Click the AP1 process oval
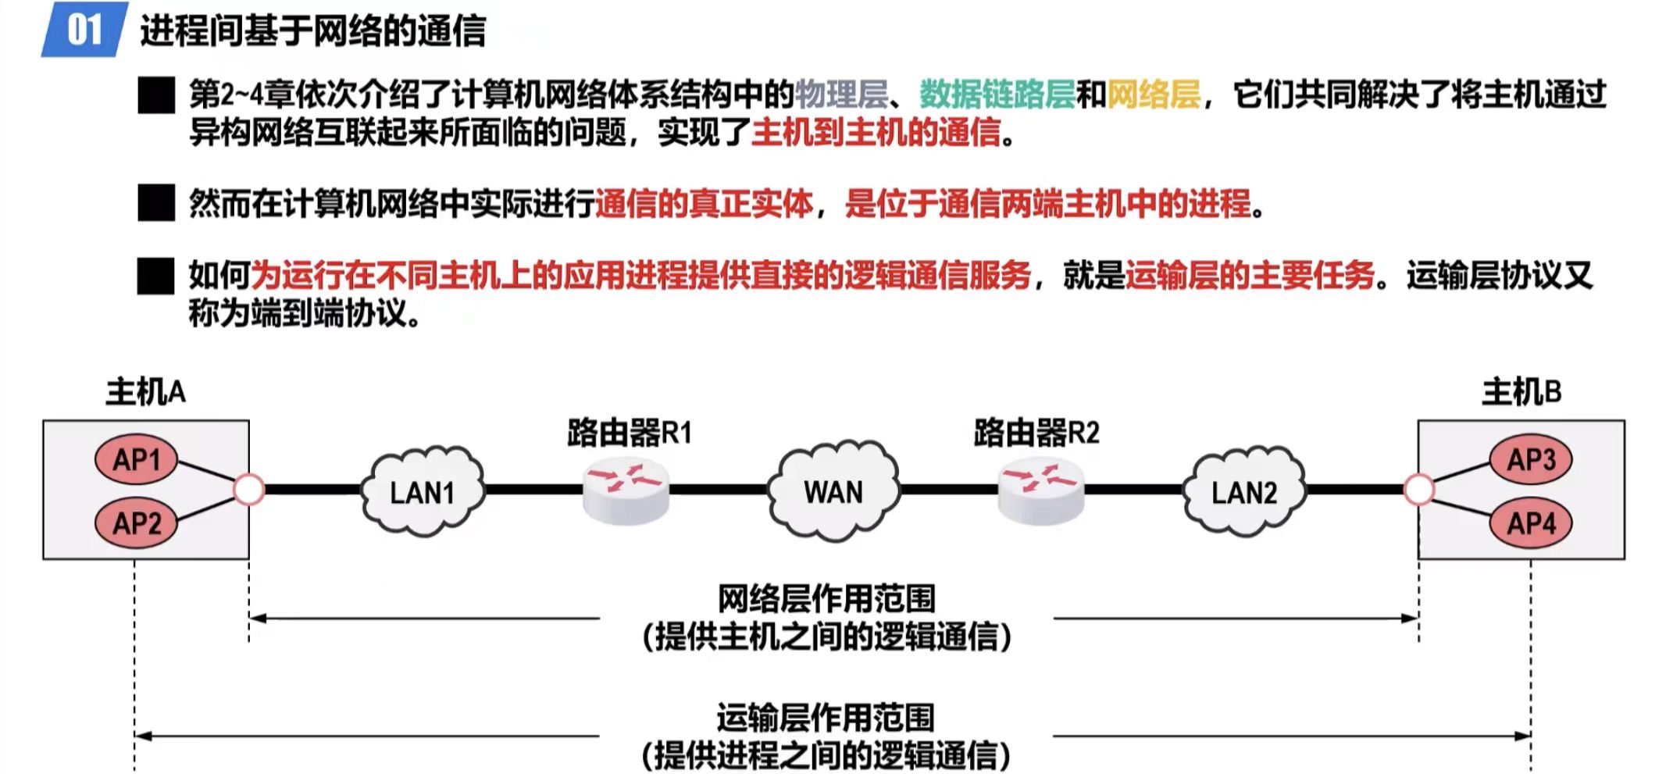click(x=136, y=460)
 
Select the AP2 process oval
click(x=136, y=523)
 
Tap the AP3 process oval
click(x=1530, y=459)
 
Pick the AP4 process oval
click(x=1530, y=523)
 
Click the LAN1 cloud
click(x=423, y=492)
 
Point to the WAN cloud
click(x=833, y=491)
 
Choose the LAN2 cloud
click(x=1243, y=492)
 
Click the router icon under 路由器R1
click(x=626, y=490)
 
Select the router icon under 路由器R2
click(x=1041, y=490)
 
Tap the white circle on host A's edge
click(x=249, y=490)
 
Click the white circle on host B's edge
click(x=1418, y=490)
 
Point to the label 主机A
click(x=146, y=392)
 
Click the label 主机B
click(x=1522, y=392)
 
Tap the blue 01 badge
click(x=84, y=30)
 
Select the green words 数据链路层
click(x=997, y=95)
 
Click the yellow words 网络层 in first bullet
click(x=1153, y=95)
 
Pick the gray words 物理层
click(x=841, y=95)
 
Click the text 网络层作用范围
click(x=826, y=599)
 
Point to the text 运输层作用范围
click(x=826, y=717)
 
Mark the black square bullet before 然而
click(x=156, y=203)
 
